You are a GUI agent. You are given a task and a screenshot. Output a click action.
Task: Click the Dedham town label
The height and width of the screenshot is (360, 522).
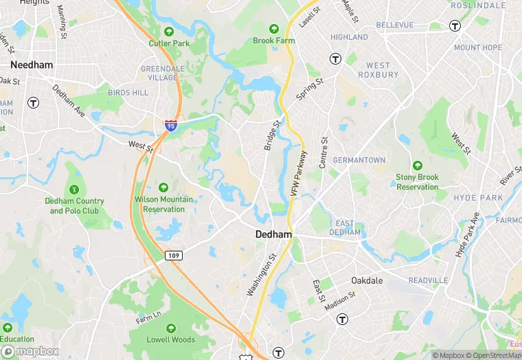[x=273, y=234]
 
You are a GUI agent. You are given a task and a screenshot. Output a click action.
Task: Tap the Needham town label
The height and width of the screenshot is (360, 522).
[x=27, y=65]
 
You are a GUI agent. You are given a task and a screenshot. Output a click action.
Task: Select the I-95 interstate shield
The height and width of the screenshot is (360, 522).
[x=170, y=125]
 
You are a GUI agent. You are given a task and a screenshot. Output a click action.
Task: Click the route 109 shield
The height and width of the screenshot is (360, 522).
[x=174, y=256]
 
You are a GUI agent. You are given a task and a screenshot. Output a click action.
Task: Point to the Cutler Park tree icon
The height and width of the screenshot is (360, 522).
[x=169, y=32]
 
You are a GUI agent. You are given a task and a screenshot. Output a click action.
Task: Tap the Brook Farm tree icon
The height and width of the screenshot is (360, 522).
[x=273, y=29]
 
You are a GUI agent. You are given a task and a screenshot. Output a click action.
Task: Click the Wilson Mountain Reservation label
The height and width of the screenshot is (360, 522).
[x=163, y=204]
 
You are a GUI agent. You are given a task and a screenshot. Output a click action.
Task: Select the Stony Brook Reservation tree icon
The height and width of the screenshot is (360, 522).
[x=417, y=166]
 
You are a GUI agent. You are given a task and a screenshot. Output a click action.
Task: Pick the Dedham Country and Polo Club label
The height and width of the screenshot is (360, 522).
[x=74, y=206]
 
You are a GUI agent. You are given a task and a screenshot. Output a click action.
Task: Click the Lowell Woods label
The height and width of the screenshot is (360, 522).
[x=171, y=339]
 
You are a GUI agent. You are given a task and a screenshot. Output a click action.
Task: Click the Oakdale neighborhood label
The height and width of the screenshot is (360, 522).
[x=367, y=281]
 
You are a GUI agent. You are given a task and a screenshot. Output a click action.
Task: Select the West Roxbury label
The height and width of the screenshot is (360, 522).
[x=378, y=70]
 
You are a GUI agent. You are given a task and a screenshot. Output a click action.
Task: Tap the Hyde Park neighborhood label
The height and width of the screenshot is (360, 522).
[x=478, y=198]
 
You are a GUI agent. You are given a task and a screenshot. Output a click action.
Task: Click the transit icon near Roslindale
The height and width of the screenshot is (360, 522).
[x=455, y=25]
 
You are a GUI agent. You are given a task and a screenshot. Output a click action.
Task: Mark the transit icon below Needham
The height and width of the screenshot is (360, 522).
[x=32, y=103]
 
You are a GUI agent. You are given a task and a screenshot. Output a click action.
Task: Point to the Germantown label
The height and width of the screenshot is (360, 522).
[x=359, y=160]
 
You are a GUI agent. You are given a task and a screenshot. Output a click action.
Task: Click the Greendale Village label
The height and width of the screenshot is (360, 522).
[x=159, y=74]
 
